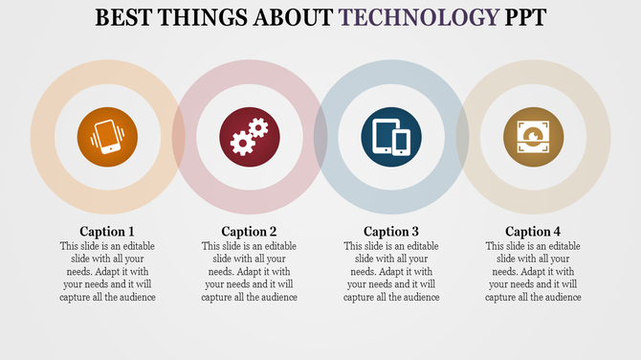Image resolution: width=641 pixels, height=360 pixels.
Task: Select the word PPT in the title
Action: [521, 17]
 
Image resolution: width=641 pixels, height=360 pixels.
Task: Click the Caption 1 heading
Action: [106, 231]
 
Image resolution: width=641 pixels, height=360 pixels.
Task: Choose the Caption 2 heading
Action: [250, 231]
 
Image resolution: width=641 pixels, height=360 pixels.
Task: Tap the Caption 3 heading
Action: [391, 231]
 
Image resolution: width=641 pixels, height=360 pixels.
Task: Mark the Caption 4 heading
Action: [534, 231]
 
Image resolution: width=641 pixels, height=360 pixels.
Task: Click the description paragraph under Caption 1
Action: [106, 272]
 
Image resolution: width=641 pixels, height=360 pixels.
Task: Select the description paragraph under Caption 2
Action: [250, 272]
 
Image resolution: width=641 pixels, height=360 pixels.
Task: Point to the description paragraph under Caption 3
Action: [391, 272]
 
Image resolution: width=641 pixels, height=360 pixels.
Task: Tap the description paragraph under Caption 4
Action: [534, 272]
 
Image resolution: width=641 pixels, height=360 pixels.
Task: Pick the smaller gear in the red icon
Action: [258, 127]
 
